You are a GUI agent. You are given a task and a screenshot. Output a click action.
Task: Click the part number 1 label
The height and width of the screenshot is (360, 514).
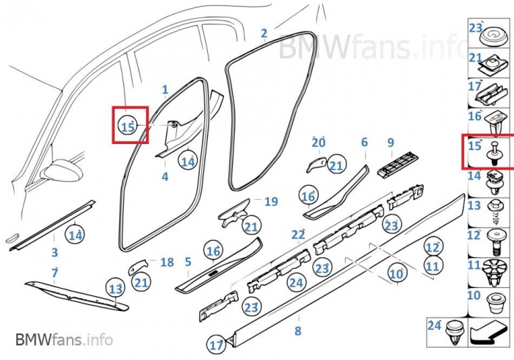point(165,90)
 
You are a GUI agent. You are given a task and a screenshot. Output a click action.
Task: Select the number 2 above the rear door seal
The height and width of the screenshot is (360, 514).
point(264,33)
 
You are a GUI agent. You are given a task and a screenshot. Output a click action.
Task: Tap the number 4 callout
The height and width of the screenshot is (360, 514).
point(165,177)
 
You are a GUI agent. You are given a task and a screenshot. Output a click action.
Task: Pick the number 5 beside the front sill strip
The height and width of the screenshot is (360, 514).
point(188,262)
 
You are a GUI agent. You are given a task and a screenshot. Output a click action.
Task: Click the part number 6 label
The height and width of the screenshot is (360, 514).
point(364,143)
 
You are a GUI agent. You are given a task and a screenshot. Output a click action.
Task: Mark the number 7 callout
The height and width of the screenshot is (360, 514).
point(54,273)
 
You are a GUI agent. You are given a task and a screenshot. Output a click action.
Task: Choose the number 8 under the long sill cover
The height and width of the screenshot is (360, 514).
point(297,331)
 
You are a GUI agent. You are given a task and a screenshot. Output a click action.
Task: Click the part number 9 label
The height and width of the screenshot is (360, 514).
point(391,143)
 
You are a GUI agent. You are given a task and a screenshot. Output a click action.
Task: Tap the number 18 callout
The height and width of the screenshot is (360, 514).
point(167,262)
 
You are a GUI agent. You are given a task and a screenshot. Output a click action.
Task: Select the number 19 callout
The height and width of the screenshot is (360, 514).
point(271,201)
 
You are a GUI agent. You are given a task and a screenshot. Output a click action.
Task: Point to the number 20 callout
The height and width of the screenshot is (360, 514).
point(318,143)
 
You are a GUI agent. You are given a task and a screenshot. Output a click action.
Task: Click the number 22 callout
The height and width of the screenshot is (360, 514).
point(297,235)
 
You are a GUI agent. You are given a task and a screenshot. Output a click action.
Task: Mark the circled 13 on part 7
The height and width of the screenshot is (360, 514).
point(115,289)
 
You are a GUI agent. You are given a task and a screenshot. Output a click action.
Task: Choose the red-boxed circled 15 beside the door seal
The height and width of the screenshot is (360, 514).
point(128,126)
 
